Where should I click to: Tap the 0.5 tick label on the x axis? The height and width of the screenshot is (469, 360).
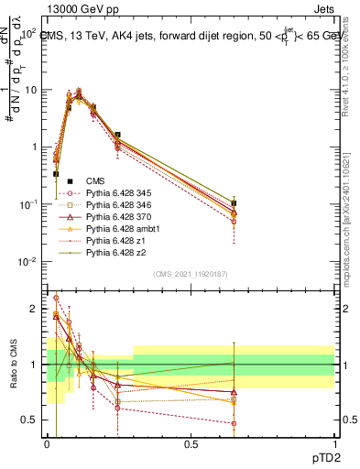pos(190,442)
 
